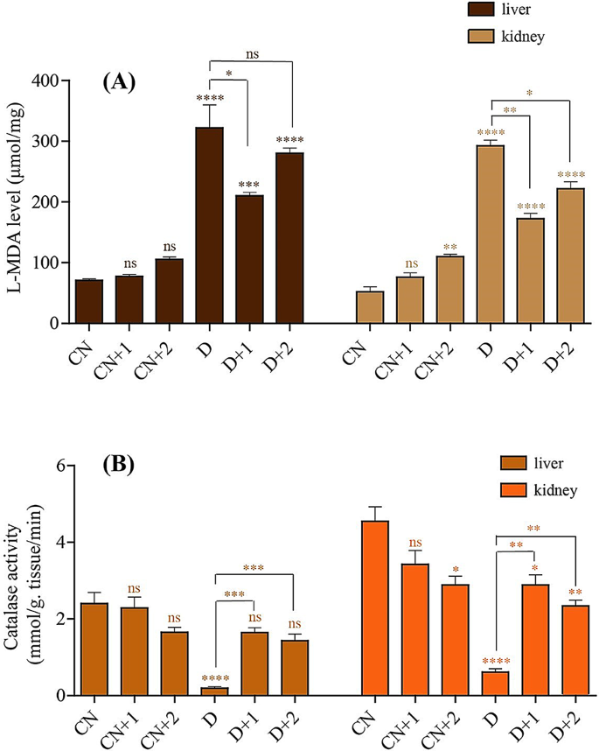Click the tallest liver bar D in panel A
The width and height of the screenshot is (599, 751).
pos(209,226)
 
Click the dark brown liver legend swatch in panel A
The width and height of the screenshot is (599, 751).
pos(483,10)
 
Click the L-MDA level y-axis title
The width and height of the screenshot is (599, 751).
pos(14,201)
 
